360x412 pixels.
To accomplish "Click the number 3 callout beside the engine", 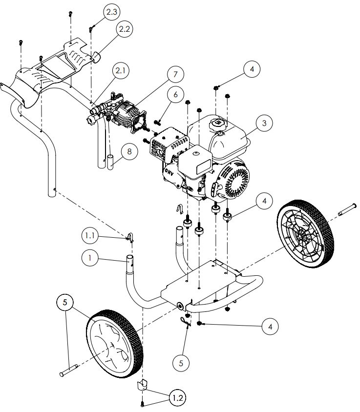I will [x=264, y=123].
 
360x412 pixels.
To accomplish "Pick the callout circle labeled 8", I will [x=129, y=152].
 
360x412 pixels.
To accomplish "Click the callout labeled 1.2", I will [x=177, y=398].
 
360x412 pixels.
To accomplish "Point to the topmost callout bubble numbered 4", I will [x=252, y=69].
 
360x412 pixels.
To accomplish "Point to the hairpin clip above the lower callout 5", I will [x=185, y=322].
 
